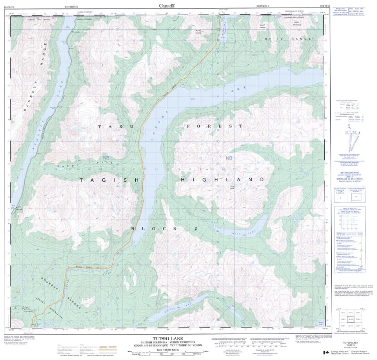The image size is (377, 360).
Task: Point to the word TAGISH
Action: (109, 180)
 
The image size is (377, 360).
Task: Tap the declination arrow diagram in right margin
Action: (351, 139)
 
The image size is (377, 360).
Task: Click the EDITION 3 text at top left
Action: (72, 6)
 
